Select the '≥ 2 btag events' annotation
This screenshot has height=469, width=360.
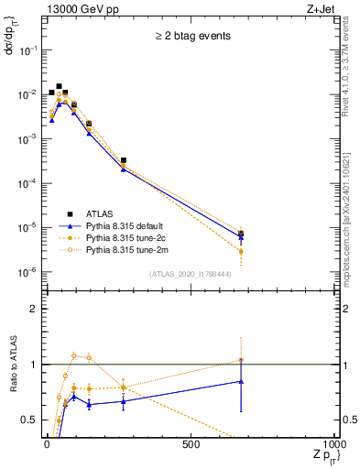click(191, 37)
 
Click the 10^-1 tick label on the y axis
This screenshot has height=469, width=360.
click(26, 50)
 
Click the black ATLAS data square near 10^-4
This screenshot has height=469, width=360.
click(123, 160)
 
